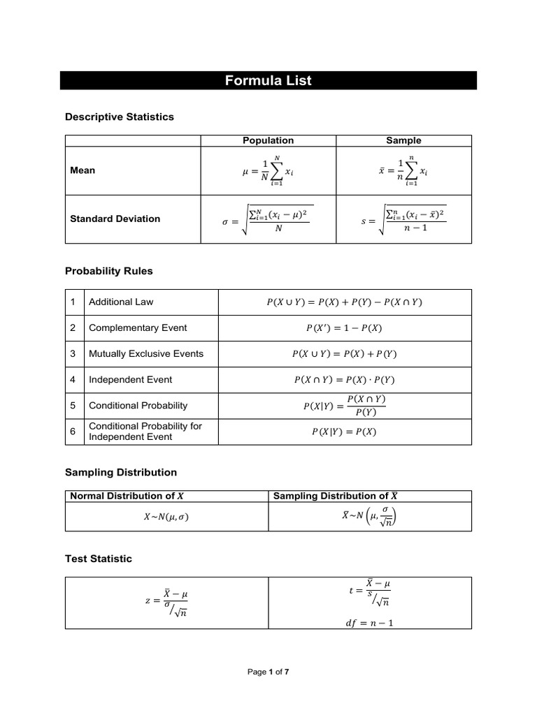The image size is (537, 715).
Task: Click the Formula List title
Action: point(268,81)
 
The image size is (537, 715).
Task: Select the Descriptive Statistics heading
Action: point(119,117)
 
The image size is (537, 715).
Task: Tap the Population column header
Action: point(268,140)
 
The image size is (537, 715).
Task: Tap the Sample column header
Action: point(403,140)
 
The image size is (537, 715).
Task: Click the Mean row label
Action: point(83,170)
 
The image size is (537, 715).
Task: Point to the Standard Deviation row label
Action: point(115,219)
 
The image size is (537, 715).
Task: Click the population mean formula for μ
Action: point(268,170)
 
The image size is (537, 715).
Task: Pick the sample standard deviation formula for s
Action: point(403,219)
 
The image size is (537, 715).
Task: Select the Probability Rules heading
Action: point(108,270)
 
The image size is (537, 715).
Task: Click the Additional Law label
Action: point(121,302)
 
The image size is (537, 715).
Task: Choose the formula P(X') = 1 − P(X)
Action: point(344,327)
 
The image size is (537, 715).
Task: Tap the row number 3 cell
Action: point(73,353)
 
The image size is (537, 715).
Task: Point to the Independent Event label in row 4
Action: point(130,380)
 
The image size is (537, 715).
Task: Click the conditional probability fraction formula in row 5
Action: point(344,406)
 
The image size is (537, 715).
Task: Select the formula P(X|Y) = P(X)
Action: point(344,432)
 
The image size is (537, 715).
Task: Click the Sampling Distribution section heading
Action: point(121,472)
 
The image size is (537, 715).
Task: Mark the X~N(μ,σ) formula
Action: point(166,517)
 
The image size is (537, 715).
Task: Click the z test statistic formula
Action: point(166,603)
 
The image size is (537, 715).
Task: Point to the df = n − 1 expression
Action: point(370,624)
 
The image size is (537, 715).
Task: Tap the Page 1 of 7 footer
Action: point(268,672)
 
